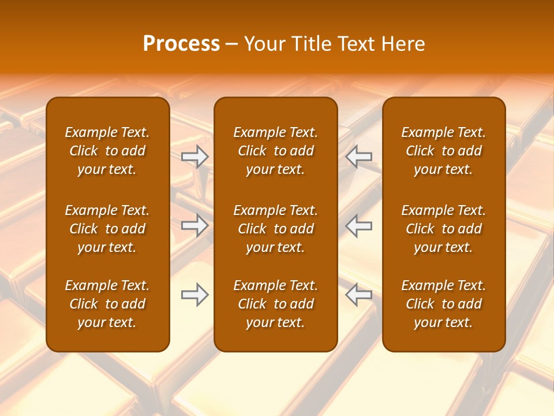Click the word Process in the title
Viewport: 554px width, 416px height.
(181, 44)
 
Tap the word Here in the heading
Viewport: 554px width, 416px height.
(403, 44)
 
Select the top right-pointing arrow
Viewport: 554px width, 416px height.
(195, 157)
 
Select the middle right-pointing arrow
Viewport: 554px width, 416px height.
(195, 225)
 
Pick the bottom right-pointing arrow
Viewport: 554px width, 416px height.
(195, 295)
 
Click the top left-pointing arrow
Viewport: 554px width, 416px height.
(358, 157)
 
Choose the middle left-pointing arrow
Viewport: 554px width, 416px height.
(358, 225)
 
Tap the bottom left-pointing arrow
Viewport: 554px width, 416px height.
(358, 295)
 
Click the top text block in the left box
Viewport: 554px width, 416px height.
(107, 151)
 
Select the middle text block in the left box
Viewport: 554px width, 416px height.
(107, 229)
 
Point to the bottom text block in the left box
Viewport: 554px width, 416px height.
(107, 304)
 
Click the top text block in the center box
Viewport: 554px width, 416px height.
(276, 151)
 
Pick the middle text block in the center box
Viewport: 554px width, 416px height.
(276, 229)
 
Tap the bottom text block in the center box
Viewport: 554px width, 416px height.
(276, 304)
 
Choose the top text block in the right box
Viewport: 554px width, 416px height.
(444, 151)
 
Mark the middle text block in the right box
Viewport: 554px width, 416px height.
(444, 229)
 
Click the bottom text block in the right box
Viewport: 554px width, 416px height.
(444, 304)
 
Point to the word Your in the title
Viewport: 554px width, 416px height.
(264, 44)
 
